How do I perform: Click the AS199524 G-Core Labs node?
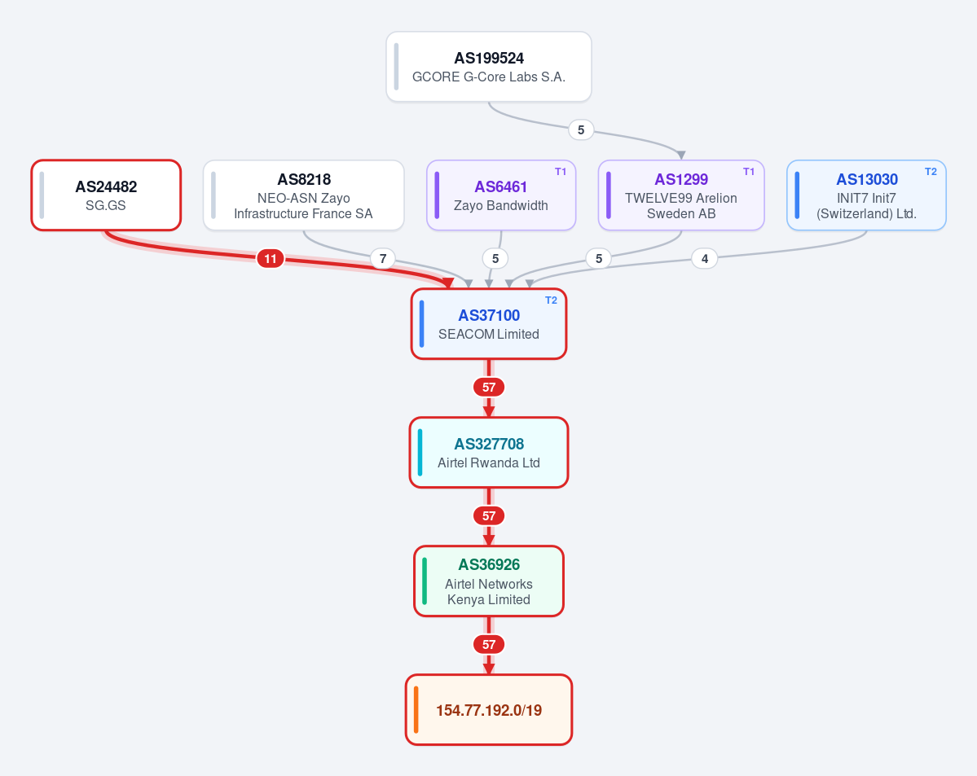tap(489, 67)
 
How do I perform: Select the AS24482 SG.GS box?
tap(106, 195)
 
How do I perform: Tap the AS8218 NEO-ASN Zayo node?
tap(303, 195)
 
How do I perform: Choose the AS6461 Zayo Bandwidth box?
tap(501, 195)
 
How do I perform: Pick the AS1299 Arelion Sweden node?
tap(681, 195)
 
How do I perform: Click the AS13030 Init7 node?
tap(866, 195)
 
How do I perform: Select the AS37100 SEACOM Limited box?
tap(489, 324)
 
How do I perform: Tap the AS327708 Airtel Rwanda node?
tap(489, 453)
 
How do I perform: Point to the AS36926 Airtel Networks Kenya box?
tap(489, 581)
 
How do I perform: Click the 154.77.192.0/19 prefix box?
tap(489, 710)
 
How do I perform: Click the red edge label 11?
tap(271, 258)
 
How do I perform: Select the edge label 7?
tap(383, 258)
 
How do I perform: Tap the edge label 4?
tap(705, 258)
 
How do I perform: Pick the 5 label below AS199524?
tap(581, 130)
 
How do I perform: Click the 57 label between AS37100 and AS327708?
tap(489, 388)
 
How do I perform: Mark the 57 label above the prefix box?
tap(489, 645)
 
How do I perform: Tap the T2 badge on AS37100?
tap(551, 300)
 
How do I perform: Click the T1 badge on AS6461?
tap(560, 172)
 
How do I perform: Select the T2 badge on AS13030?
tap(931, 172)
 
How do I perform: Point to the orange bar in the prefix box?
tap(416, 710)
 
